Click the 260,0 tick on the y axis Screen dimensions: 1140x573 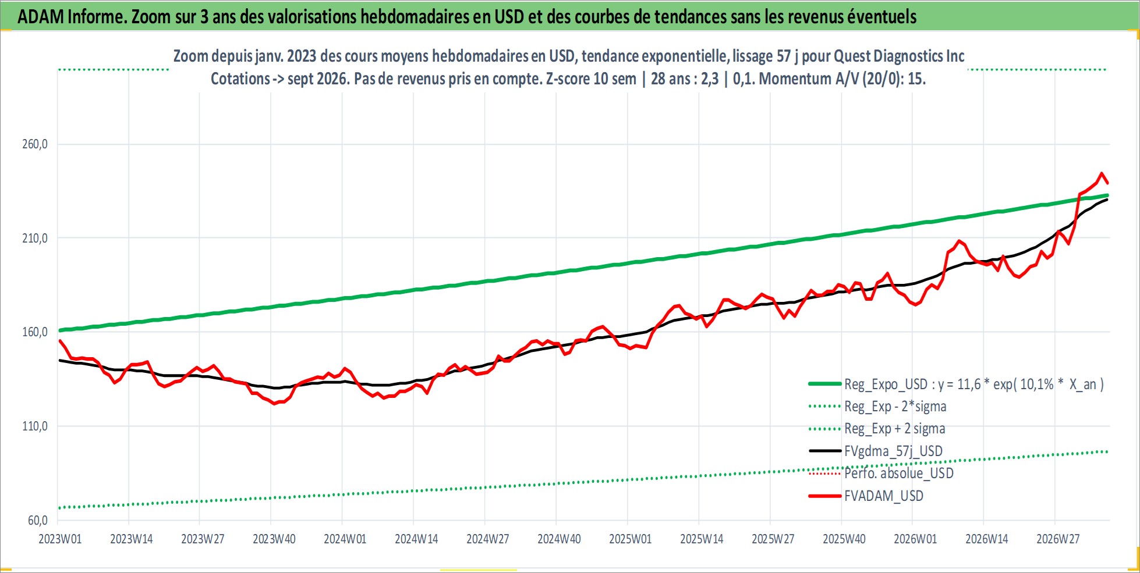click(x=34, y=144)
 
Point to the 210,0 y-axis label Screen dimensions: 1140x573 click(x=34, y=238)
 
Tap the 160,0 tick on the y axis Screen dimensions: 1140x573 click(x=34, y=332)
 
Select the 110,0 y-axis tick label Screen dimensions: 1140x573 click(x=34, y=426)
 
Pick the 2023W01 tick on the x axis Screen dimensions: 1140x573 click(x=60, y=539)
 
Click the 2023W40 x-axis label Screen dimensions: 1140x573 click(x=274, y=539)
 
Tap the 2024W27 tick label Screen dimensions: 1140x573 click(x=488, y=539)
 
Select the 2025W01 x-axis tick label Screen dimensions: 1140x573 click(x=631, y=539)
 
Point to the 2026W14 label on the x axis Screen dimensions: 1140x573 click(x=987, y=539)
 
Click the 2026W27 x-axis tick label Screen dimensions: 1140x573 click(x=1058, y=539)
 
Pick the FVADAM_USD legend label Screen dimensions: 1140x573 click(x=884, y=496)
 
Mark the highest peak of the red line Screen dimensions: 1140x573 click(x=1101, y=173)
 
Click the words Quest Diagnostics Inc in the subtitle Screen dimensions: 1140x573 click(x=899, y=56)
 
